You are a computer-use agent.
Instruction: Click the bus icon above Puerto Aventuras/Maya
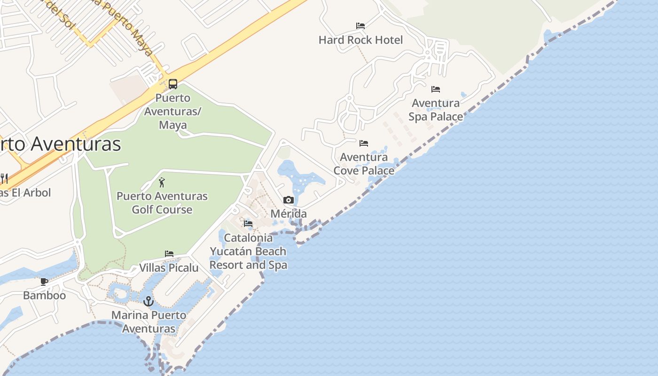[173, 84]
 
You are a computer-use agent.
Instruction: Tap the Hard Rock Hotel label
[360, 40]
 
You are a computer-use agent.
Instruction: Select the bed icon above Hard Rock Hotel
[360, 25]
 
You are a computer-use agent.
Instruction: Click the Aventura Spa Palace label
[436, 110]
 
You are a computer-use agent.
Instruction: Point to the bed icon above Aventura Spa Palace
[436, 89]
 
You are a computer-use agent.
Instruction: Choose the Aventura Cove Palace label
[364, 164]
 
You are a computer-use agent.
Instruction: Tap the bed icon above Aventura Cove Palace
[364, 143]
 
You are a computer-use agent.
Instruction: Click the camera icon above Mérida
[289, 200]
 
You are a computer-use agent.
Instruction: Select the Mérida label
[289, 214]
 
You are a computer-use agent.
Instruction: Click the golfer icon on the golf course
[162, 182]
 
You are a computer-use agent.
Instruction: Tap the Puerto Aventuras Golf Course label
[162, 203]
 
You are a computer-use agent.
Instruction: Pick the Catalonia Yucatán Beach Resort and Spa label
[248, 251]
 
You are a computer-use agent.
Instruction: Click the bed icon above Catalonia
[248, 223]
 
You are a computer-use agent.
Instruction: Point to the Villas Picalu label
[169, 267]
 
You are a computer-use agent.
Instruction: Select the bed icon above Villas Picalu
[169, 254]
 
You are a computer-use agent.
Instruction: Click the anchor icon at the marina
[149, 301]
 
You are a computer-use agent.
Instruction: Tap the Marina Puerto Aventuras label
[149, 321]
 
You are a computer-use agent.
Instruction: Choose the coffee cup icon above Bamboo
[44, 282]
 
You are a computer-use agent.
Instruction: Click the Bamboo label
[44, 295]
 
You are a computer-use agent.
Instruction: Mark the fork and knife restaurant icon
[4, 178]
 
